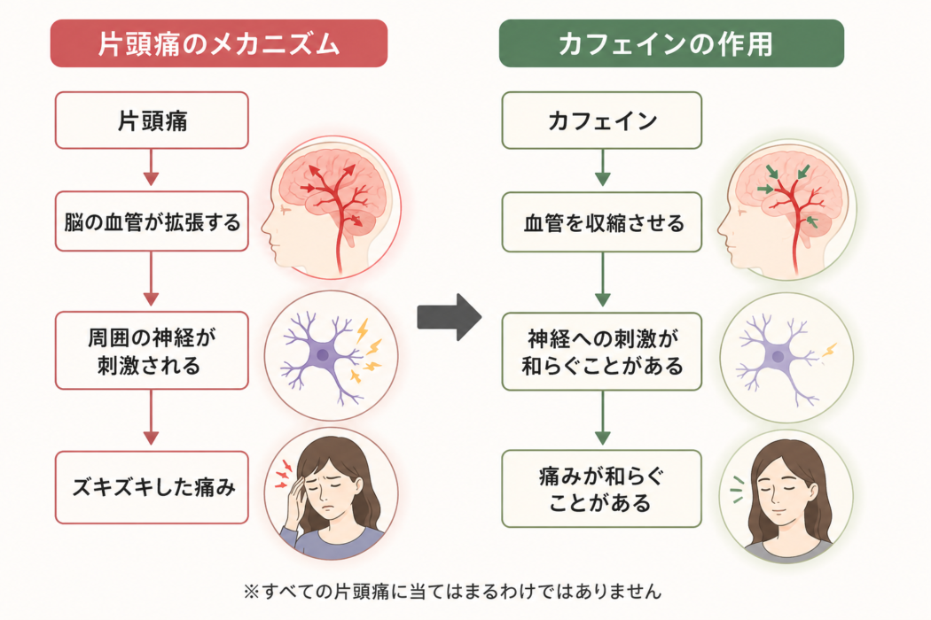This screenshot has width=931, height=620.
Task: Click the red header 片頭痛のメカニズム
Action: tap(219, 43)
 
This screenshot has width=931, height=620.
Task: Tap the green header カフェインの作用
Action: tap(671, 43)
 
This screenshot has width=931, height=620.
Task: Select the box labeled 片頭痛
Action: tap(152, 120)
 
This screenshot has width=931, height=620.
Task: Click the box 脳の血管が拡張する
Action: tap(152, 221)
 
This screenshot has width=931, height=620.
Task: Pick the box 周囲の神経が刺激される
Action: tap(152, 351)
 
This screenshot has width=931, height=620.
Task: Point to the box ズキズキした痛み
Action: tap(152, 487)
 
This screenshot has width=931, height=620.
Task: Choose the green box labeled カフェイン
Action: tap(601, 120)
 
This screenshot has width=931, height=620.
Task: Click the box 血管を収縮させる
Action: tap(601, 222)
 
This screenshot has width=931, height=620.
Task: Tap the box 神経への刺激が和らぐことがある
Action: tap(601, 352)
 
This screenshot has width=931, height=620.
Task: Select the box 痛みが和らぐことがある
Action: tap(601, 489)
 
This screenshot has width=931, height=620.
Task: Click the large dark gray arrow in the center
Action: tap(449, 317)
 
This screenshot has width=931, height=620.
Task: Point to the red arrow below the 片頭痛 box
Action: tap(151, 168)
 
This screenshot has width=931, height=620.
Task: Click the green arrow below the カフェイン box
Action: tap(603, 168)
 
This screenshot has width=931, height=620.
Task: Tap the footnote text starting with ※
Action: tap(452, 592)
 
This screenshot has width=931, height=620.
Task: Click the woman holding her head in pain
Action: tap(332, 493)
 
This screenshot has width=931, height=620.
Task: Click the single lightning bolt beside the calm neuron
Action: tap(829, 350)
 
